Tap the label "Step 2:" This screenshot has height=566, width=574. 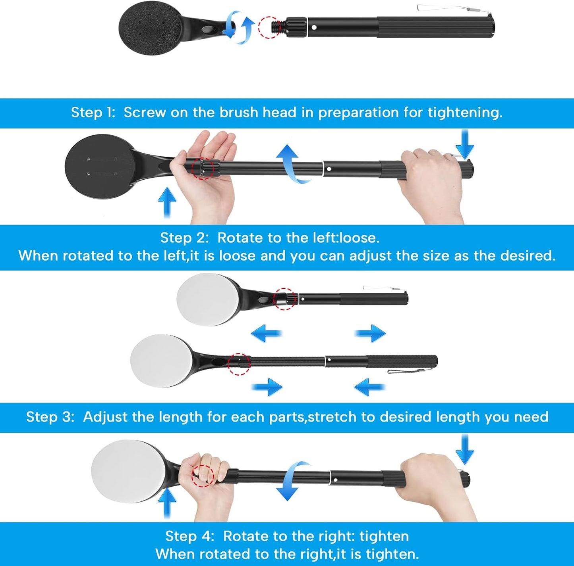click(185, 238)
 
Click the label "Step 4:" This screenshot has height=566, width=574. click(190, 536)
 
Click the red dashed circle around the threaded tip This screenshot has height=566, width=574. click(269, 27)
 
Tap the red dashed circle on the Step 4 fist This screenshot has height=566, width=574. click(203, 476)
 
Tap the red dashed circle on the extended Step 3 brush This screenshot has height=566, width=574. click(239, 364)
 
